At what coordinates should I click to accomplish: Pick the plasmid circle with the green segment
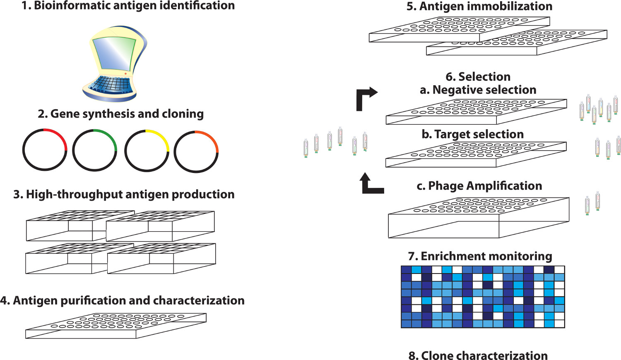click(x=95, y=150)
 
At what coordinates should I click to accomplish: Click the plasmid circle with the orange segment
click(x=196, y=151)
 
